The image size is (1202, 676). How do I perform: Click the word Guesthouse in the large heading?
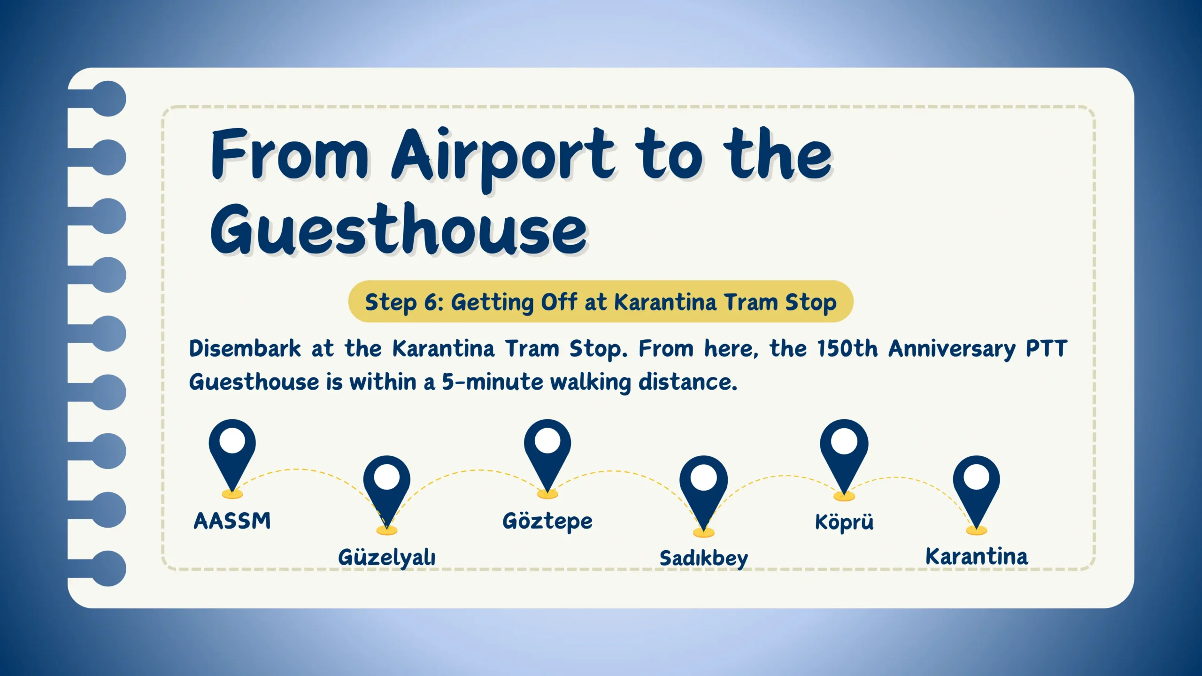click(x=399, y=230)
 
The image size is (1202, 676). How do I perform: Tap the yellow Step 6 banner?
click(x=601, y=301)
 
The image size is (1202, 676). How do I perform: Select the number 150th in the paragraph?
click(x=847, y=349)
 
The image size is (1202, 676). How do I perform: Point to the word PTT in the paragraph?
click(x=1046, y=349)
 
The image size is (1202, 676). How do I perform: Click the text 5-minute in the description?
click(x=493, y=382)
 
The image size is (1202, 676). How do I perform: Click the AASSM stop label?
click(x=232, y=521)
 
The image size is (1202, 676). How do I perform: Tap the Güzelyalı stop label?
click(x=386, y=558)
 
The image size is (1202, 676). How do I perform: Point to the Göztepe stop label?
click(x=547, y=522)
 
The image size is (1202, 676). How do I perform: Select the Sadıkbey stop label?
click(x=703, y=559)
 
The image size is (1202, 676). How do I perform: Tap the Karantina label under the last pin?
click(x=977, y=556)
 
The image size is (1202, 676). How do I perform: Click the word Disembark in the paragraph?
click(x=245, y=349)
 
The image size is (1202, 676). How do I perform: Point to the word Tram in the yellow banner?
click(x=750, y=302)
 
